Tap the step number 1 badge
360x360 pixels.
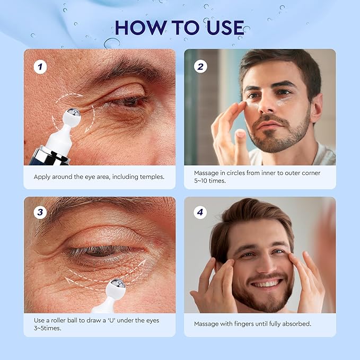click(39, 66)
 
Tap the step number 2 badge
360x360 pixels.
click(199, 66)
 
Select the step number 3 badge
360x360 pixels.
click(39, 213)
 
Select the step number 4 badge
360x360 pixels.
click(199, 213)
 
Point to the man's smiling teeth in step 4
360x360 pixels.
click(260, 284)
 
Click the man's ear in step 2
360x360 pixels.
click(316, 108)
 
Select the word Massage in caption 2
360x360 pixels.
click(207, 173)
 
